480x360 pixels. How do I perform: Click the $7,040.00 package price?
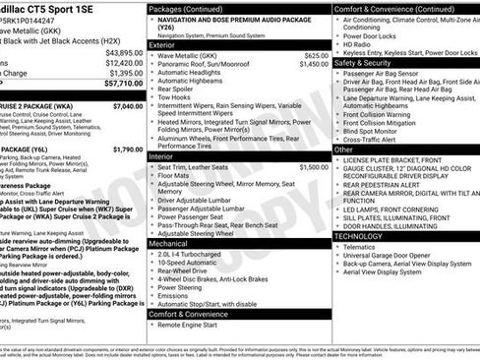click(x=127, y=106)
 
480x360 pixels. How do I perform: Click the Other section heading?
click(x=343, y=150)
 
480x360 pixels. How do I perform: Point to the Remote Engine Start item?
click(x=194, y=324)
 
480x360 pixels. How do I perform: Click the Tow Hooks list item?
click(x=175, y=97)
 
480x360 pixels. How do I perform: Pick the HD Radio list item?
click(x=356, y=44)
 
